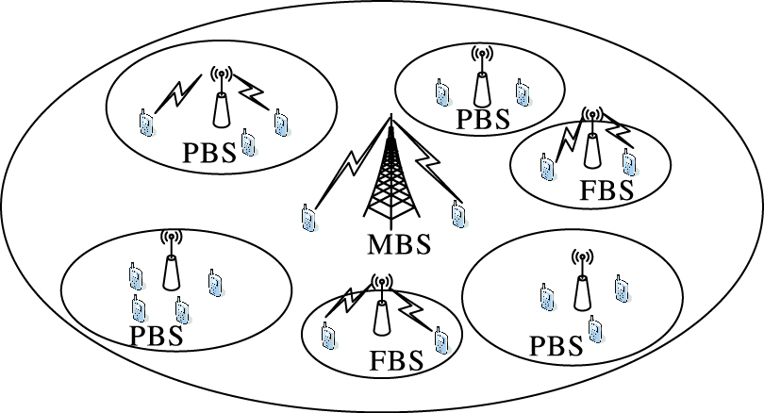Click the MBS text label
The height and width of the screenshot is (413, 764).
click(x=397, y=245)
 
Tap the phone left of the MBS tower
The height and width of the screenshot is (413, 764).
click(x=307, y=218)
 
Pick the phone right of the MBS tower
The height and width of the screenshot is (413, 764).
click(x=457, y=214)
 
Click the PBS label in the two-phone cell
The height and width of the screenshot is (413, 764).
click(x=482, y=119)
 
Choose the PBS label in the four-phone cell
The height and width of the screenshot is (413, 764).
click(x=156, y=335)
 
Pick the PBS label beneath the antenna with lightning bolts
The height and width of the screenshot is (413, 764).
click(x=209, y=154)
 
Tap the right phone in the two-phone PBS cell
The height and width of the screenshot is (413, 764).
click(x=522, y=91)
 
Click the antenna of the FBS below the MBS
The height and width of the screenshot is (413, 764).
click(x=382, y=307)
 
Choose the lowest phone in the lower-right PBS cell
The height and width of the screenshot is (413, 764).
click(x=594, y=327)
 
